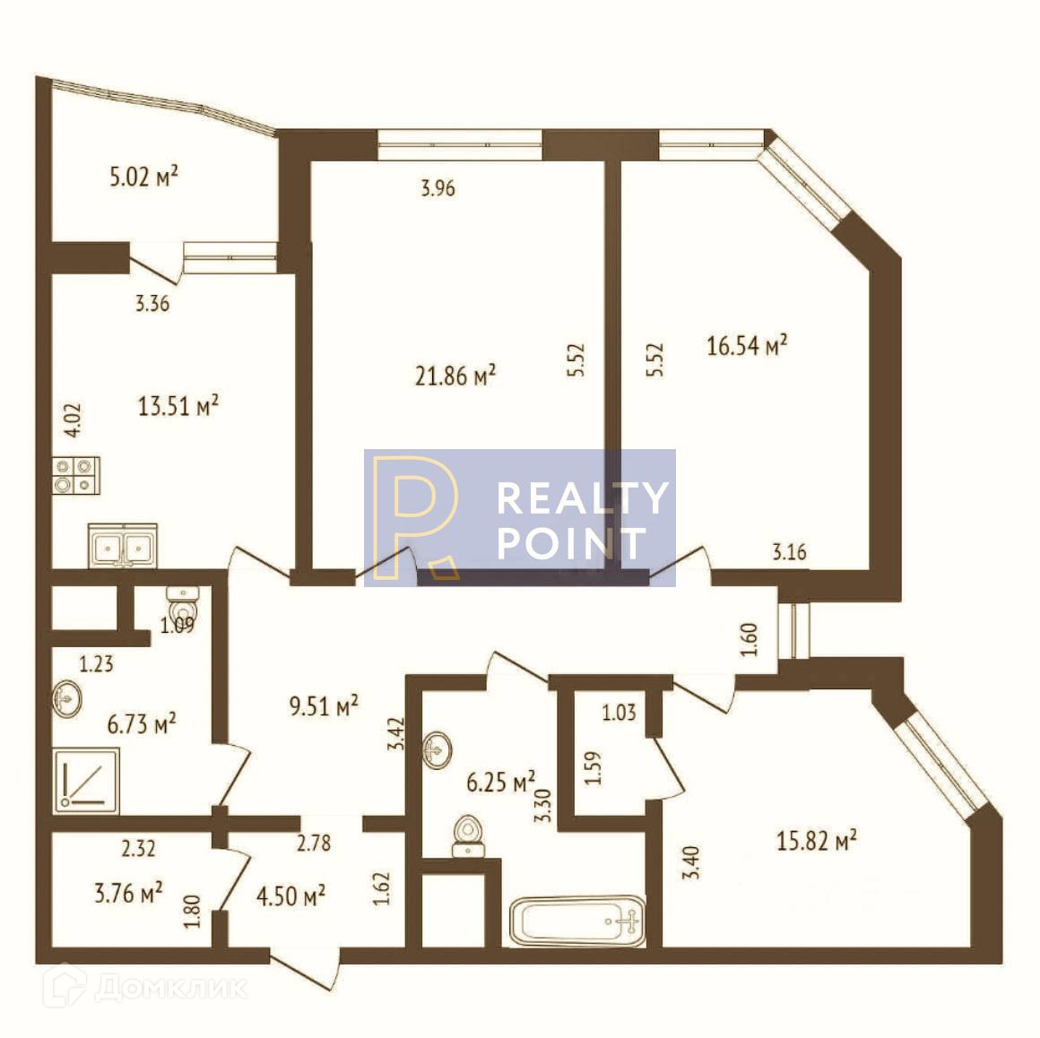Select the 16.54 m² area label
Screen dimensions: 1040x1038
point(747,345)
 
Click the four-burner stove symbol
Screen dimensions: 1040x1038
point(75,474)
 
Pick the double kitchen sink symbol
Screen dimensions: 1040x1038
point(123,545)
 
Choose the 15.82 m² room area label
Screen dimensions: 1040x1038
point(816,841)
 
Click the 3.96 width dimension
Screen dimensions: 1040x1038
point(438,188)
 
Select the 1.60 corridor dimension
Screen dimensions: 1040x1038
point(751,639)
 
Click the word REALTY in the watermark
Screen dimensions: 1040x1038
point(583,498)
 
